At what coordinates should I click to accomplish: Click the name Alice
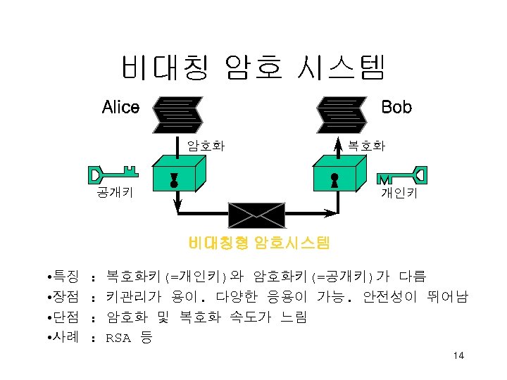(120, 108)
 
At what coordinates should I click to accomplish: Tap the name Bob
(396, 107)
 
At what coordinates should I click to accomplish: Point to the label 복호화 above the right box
(366, 146)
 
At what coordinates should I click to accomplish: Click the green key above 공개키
(113, 173)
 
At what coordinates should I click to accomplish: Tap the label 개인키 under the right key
(399, 192)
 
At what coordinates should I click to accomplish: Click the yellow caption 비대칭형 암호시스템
(258, 243)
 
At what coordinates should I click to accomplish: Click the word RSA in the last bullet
(118, 338)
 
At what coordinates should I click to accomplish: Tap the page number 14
(458, 356)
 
